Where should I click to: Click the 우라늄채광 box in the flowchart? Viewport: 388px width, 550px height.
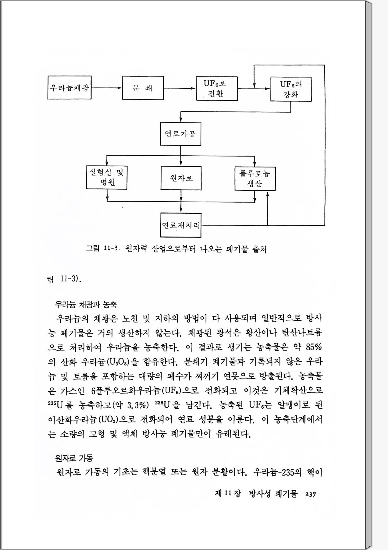point(69,88)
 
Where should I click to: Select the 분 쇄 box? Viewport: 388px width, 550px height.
point(143,88)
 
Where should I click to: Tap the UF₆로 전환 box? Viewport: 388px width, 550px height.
point(216,89)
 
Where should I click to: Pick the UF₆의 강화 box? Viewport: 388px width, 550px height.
point(291,89)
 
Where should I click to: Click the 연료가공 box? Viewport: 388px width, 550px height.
point(180,134)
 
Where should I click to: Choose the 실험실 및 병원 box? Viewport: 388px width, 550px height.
point(107,178)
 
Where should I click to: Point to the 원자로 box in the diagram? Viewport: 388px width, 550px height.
point(181,178)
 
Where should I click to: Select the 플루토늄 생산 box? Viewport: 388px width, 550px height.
point(255,179)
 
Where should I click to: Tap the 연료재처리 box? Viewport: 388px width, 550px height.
point(181,225)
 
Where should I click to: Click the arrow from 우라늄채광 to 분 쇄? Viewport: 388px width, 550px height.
point(107,88)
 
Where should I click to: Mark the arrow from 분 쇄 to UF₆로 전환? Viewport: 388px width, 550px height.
point(180,88)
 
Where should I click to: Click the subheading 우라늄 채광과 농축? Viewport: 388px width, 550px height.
point(86,304)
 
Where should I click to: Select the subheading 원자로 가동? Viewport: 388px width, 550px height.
point(74,458)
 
